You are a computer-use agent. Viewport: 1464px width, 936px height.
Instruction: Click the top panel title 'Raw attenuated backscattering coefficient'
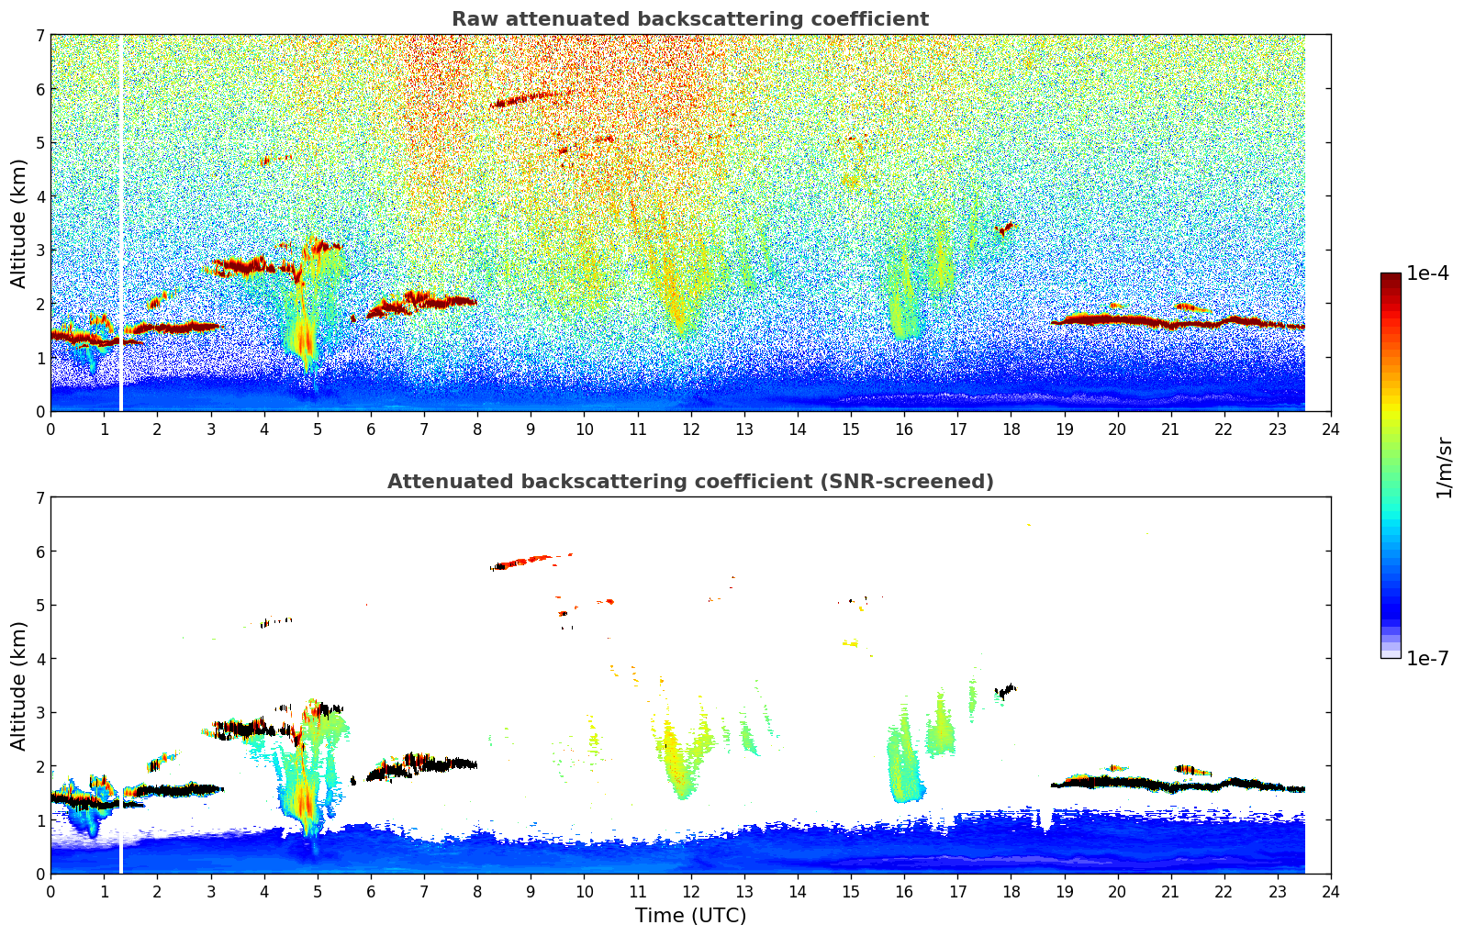pyautogui.click(x=689, y=19)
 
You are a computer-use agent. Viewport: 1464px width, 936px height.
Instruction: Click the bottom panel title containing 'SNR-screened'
pyautogui.click(x=689, y=482)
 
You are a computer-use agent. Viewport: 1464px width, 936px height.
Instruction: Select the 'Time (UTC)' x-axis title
pyautogui.click(x=690, y=916)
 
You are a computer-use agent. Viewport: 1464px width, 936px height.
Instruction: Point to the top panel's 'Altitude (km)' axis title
pyautogui.click(x=19, y=223)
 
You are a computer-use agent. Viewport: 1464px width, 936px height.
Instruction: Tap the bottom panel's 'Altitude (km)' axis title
pyautogui.click(x=19, y=685)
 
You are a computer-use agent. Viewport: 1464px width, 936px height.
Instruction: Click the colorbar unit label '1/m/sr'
pyautogui.click(x=1445, y=467)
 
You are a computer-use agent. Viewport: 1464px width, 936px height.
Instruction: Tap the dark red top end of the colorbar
pyautogui.click(x=1391, y=277)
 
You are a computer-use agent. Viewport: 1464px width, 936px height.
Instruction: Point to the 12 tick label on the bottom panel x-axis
pyautogui.click(x=690, y=892)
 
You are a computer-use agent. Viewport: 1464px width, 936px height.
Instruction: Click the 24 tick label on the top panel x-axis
pyautogui.click(x=1330, y=429)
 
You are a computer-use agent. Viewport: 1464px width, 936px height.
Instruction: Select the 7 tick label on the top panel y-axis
pyautogui.click(x=39, y=36)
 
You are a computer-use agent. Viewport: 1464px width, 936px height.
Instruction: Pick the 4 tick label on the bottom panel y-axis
pyautogui.click(x=39, y=659)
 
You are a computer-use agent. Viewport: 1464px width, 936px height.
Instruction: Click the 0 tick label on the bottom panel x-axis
pyautogui.click(x=50, y=892)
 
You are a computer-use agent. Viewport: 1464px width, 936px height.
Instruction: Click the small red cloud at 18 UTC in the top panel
pyautogui.click(x=1006, y=227)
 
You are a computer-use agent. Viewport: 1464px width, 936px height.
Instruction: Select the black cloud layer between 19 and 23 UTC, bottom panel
pyautogui.click(x=1175, y=786)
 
